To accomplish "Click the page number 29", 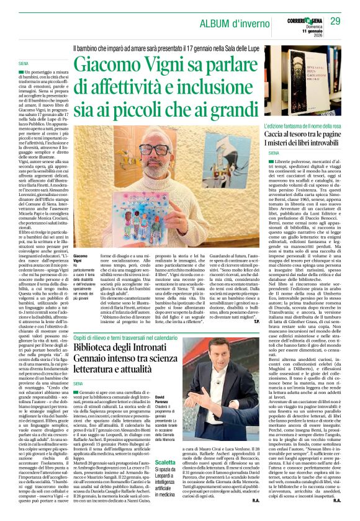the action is [335, 22].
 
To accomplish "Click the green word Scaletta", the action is [164, 463].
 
